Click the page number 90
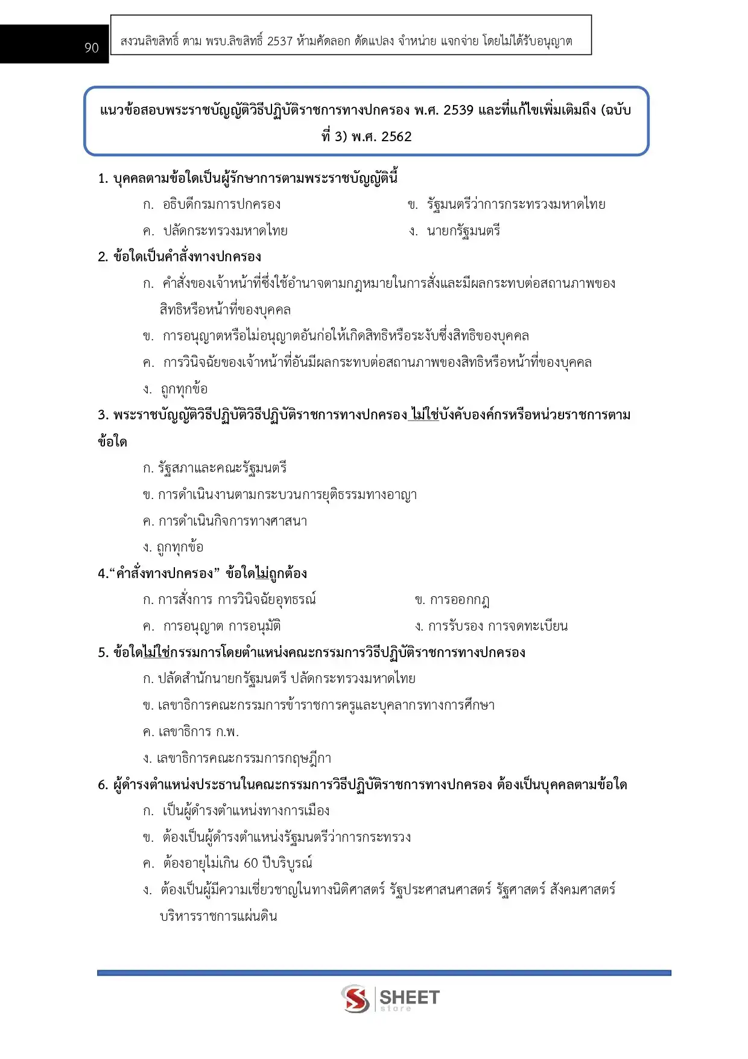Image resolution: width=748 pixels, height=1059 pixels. pyautogui.click(x=92, y=48)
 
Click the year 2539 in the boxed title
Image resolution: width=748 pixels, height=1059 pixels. pyautogui.click(x=458, y=110)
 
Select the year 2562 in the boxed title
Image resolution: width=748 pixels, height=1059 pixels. pyautogui.click(x=396, y=136)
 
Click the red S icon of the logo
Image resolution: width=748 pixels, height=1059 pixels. pyautogui.click(x=355, y=998)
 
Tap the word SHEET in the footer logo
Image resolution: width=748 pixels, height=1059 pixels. pyautogui.click(x=410, y=997)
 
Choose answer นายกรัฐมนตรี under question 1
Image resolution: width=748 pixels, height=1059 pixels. pyautogui.click(x=463, y=231)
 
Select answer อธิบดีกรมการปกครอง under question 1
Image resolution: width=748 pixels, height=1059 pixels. pyautogui.click(x=221, y=204)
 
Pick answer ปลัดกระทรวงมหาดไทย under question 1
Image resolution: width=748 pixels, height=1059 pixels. pyautogui.click(x=225, y=231)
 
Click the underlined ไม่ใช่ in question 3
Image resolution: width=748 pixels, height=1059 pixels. pyautogui.click(x=424, y=415)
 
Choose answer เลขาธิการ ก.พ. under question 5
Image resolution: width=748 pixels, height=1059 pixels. pyautogui.click(x=198, y=731)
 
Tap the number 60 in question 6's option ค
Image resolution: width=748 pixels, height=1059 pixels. pyautogui.click(x=251, y=863)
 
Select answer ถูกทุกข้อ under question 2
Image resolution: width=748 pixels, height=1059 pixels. pyautogui.click(x=184, y=389)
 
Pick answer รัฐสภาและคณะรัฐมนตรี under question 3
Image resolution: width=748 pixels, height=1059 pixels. pyautogui.click(x=222, y=468)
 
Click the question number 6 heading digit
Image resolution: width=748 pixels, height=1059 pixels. pyautogui.click(x=102, y=784)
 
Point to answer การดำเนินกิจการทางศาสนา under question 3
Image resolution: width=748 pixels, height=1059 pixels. pyautogui.click(x=232, y=521)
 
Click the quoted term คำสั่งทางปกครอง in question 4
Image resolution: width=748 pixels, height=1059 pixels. pyautogui.click(x=164, y=573)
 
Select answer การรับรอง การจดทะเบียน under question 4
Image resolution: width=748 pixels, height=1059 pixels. pyautogui.click(x=498, y=626)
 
